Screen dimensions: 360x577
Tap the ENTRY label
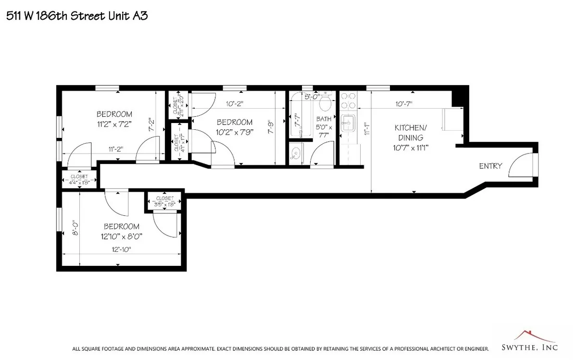pos(490,166)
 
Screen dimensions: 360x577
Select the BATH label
pos(324,119)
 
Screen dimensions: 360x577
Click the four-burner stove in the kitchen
pos(348,100)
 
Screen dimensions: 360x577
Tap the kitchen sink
pos(347,122)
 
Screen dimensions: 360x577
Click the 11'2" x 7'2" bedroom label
pos(114,119)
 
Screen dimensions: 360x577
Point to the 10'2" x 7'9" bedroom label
pos(234,126)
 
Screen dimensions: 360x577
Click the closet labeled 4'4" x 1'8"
pos(79,180)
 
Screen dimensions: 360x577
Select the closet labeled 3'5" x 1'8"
pos(164,201)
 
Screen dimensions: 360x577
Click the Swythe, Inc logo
pos(533,342)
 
